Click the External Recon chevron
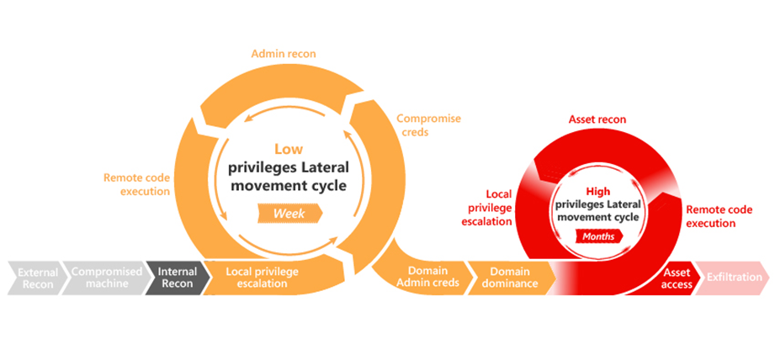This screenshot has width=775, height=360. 38,278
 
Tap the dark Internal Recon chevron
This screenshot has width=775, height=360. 177,278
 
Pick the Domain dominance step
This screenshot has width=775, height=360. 510,277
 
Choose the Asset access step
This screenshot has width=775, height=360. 677,278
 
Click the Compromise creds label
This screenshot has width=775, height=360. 429,125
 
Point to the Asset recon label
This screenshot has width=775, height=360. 597,119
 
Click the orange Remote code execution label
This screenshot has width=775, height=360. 136,184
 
